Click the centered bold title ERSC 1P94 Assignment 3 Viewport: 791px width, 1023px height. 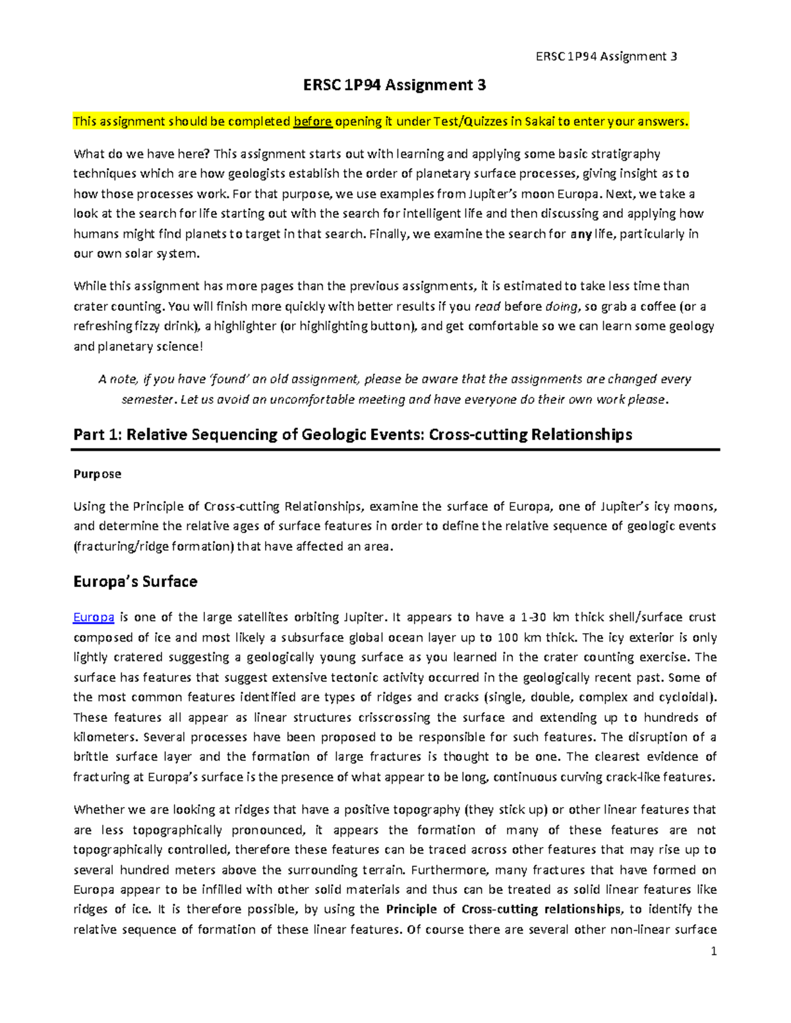[x=394, y=85]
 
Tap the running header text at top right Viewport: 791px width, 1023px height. [x=606, y=56]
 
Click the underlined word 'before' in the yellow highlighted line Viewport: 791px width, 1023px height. [x=312, y=121]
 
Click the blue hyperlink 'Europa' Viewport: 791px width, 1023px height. [x=94, y=617]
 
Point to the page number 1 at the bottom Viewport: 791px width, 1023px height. [x=713, y=951]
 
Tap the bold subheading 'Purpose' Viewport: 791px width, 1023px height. [x=97, y=474]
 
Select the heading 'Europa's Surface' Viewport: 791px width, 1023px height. [x=135, y=582]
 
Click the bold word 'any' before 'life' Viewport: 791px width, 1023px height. [x=581, y=234]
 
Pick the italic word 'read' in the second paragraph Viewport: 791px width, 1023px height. [x=488, y=306]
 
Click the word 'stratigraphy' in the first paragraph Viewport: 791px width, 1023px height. [x=627, y=154]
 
